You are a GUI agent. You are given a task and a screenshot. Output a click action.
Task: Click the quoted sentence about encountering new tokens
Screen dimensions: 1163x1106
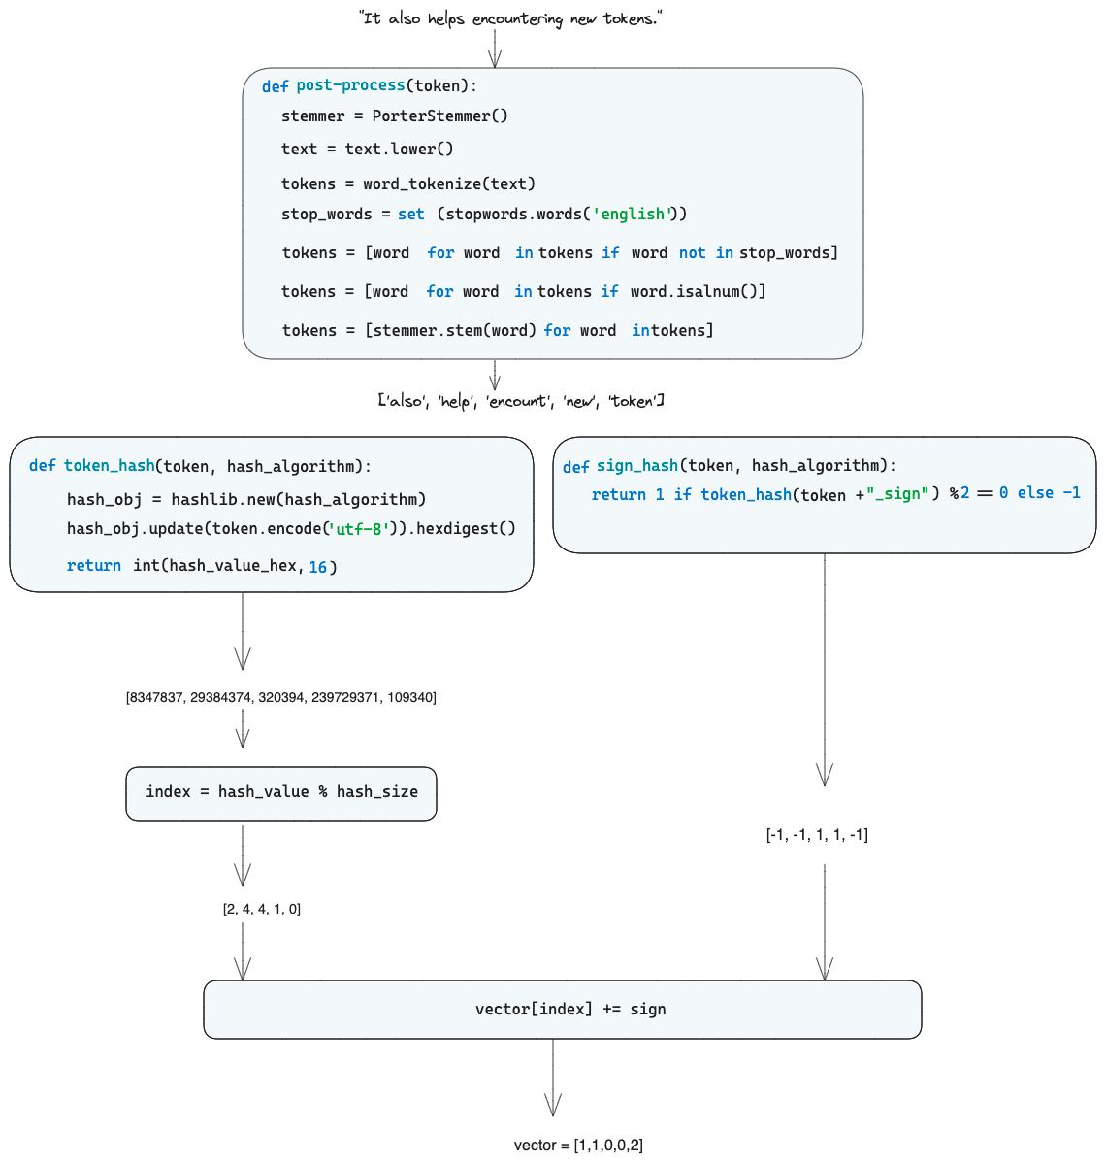[510, 18]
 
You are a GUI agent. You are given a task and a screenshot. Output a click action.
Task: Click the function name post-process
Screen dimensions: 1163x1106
[350, 85]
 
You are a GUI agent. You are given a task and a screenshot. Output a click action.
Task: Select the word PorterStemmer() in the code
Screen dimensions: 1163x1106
[439, 116]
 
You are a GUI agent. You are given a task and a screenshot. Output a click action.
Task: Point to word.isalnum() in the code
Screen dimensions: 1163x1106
[698, 291]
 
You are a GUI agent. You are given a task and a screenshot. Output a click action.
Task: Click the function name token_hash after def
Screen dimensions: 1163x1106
[109, 466]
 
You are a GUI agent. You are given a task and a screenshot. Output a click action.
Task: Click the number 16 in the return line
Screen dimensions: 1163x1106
[318, 566]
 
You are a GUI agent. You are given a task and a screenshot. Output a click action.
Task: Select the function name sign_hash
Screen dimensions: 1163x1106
[636, 466]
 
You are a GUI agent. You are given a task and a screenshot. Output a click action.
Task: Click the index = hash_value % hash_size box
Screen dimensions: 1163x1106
[281, 792]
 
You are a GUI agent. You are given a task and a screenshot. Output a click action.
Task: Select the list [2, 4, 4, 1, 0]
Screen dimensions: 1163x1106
[262, 909]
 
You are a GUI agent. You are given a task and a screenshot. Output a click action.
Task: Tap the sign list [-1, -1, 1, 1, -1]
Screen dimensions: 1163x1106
[817, 834]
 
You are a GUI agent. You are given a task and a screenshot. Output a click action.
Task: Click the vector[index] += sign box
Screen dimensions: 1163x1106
[563, 1010]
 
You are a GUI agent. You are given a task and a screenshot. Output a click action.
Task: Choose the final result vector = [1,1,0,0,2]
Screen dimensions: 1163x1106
[578, 1145]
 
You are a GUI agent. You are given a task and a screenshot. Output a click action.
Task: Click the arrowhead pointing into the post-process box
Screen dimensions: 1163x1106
[495, 58]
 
